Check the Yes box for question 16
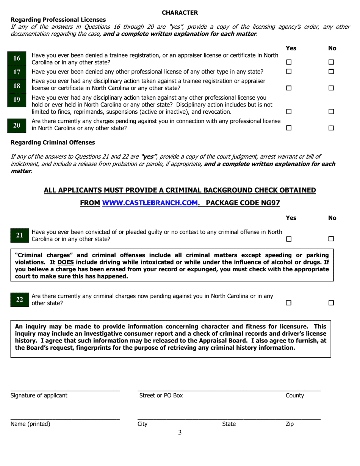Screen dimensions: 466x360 point(289,62)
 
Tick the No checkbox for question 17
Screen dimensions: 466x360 point(331,72)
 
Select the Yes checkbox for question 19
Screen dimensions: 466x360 point(289,112)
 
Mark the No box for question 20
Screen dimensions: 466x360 point(331,128)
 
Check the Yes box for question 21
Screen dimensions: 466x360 point(289,239)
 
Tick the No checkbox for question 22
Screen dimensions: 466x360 point(331,303)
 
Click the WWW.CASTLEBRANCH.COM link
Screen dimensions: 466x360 point(150,203)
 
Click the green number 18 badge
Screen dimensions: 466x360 point(17,86)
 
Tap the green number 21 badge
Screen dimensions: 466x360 point(19,235)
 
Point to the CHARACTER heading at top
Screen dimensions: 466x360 point(180,13)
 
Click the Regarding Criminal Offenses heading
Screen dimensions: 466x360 point(53,142)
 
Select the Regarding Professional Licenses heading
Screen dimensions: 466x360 point(58,20)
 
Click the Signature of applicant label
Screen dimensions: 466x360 point(39,396)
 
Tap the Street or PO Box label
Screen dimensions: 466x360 point(161,396)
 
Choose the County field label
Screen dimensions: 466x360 point(295,396)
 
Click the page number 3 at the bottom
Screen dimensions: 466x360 point(180,433)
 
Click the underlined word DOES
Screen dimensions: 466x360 point(66,262)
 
